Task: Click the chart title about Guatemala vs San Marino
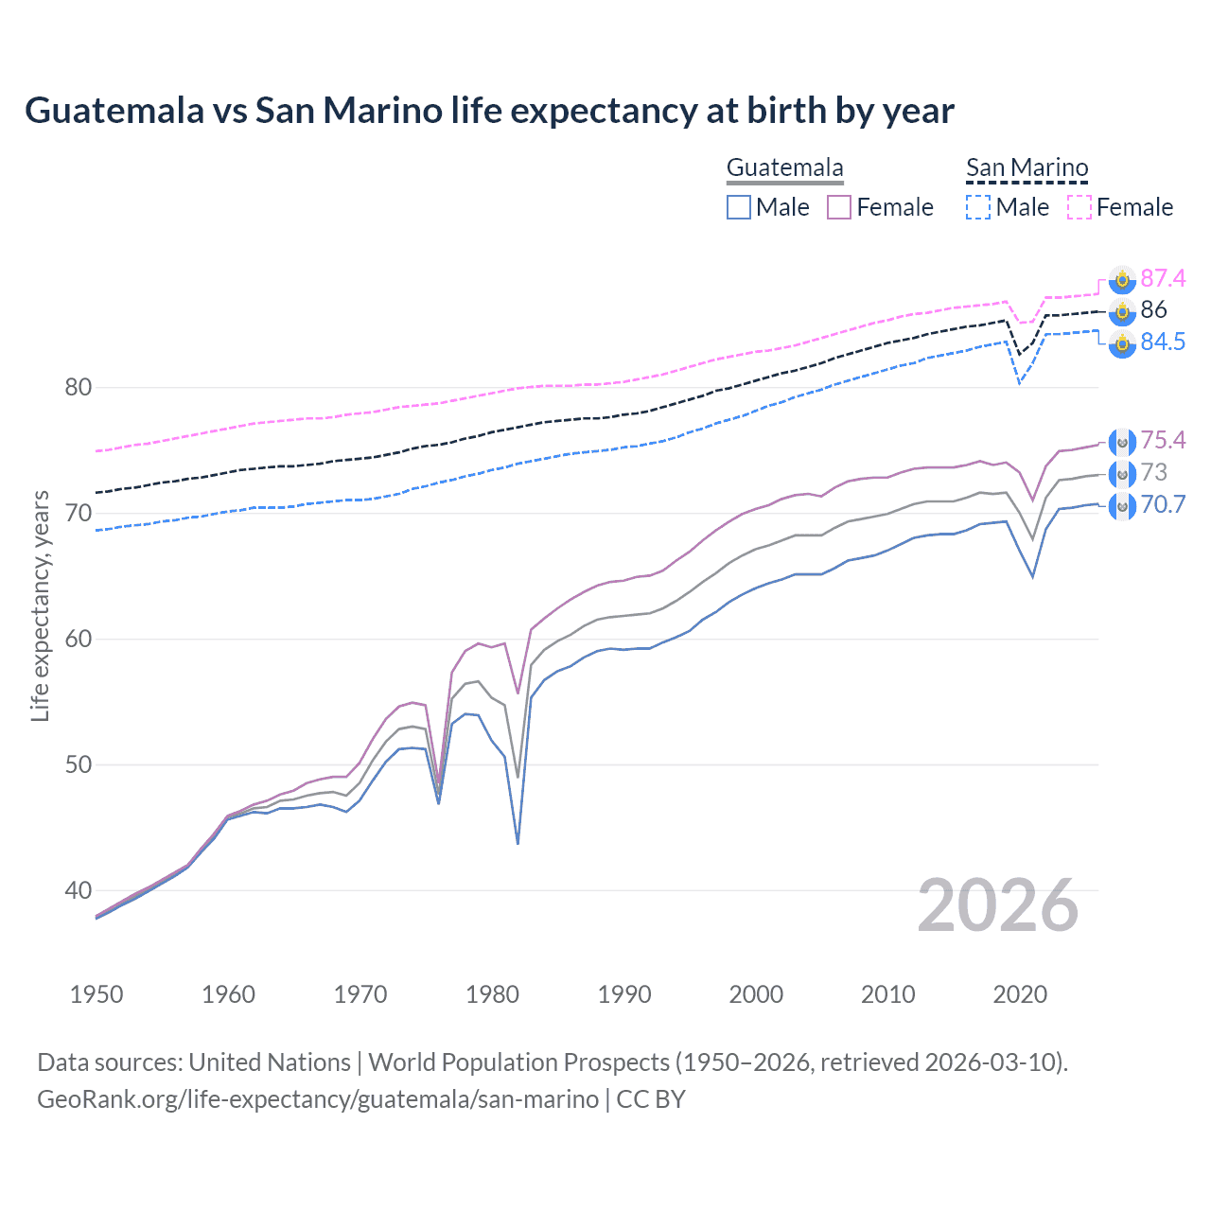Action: click(489, 111)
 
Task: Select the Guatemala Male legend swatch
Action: click(739, 207)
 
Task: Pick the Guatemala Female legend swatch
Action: click(839, 207)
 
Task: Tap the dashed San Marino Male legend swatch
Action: click(978, 207)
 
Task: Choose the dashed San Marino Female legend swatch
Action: click(1079, 207)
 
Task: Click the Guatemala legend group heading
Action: click(784, 168)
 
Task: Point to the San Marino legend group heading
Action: click(1027, 168)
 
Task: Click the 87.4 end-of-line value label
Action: click(1163, 278)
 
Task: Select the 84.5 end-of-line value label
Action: click(1163, 342)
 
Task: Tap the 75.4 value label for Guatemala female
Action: click(1163, 440)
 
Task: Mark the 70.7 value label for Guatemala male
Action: click(1163, 504)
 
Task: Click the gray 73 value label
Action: click(1154, 472)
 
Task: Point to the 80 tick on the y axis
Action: click(79, 387)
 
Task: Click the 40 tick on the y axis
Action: click(79, 890)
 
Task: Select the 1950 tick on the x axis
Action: click(97, 994)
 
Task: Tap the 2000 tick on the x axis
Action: click(756, 994)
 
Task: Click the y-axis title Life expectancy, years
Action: click(40, 605)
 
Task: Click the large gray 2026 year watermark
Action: click(998, 905)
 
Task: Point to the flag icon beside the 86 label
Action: click(1122, 310)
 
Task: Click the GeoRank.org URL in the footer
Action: click(318, 1099)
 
